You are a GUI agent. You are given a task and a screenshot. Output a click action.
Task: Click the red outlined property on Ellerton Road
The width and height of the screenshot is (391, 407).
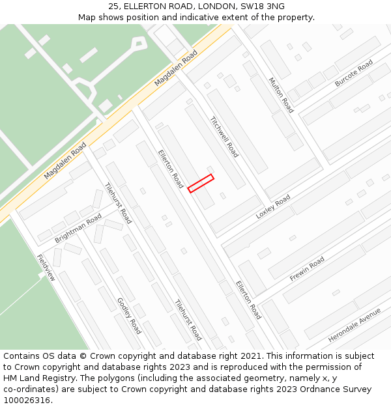click(201, 183)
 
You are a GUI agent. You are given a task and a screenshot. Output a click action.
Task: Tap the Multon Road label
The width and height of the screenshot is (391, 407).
click(281, 95)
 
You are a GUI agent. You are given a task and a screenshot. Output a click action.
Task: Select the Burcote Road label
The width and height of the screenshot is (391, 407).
click(354, 74)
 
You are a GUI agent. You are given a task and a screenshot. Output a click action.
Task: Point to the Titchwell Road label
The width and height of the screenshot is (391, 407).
click(224, 137)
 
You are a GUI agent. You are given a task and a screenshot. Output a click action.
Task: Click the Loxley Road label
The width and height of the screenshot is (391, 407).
click(272, 206)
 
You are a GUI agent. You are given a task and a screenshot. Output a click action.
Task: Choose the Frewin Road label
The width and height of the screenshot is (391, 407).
click(307, 268)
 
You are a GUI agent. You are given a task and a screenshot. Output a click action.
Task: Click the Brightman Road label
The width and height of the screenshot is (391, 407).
click(78, 228)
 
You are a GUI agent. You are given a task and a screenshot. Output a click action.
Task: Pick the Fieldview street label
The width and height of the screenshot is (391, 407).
click(46, 267)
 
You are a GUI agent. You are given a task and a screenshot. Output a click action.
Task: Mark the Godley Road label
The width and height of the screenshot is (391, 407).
click(128, 316)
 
